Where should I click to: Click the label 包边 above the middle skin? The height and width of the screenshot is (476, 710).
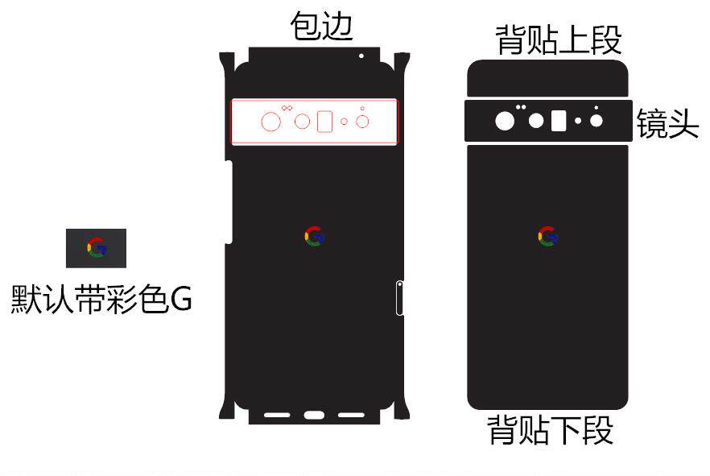[x=321, y=27]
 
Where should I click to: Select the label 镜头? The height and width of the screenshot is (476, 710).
[x=667, y=123]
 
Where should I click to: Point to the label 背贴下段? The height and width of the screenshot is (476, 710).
[x=551, y=430]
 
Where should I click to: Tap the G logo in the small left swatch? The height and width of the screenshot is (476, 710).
[x=97, y=247]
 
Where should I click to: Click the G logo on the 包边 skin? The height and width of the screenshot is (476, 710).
[x=314, y=236]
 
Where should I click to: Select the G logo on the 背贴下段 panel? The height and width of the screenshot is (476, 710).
[x=547, y=236]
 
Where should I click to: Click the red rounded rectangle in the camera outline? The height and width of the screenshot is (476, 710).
[x=325, y=122]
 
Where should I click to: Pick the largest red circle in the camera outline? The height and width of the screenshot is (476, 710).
[x=271, y=122]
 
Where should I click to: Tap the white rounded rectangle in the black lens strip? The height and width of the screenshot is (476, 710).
[x=559, y=122]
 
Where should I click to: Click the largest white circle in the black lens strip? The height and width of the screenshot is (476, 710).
[x=505, y=122]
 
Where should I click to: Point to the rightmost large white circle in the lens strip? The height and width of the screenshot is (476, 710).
[x=596, y=121]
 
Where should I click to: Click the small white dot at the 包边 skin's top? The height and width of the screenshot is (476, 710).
[x=361, y=56]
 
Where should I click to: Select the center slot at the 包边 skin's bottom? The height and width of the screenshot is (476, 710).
[x=314, y=416]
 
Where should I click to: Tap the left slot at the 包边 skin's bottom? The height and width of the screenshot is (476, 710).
[x=277, y=416]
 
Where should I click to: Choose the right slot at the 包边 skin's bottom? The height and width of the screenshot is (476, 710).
[x=352, y=416]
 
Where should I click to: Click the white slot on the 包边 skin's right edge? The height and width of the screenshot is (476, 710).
[x=399, y=297]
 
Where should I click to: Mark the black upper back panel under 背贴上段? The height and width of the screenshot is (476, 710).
[x=547, y=78]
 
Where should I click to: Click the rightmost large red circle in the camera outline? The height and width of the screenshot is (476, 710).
[x=362, y=122]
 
